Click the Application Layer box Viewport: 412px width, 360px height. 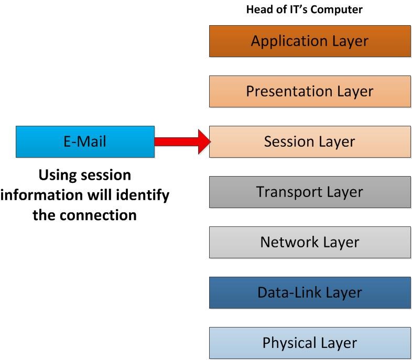click(x=310, y=41)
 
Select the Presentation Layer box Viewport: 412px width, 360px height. click(x=310, y=91)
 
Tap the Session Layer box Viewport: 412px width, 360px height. click(x=310, y=141)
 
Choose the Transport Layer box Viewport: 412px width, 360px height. click(x=310, y=192)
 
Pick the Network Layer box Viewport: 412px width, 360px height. click(x=310, y=242)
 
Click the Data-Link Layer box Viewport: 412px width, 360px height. click(x=310, y=292)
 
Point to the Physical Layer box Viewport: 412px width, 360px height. click(x=310, y=343)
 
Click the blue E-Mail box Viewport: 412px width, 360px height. click(x=85, y=141)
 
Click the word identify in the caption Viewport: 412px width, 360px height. click(x=143, y=194)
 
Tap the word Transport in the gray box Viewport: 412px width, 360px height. click(x=287, y=192)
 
